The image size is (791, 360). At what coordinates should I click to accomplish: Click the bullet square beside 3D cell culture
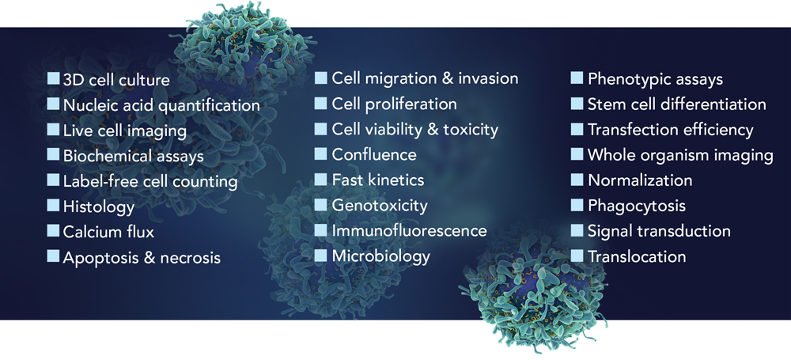[x=54, y=79]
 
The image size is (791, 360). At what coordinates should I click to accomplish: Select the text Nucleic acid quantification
[x=161, y=105]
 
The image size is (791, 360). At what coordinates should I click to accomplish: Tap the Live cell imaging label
[x=125, y=131]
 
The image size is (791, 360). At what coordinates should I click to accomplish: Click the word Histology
[x=99, y=207]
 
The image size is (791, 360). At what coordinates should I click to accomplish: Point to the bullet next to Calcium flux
[x=54, y=230]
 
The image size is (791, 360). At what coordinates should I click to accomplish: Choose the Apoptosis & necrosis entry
[x=142, y=257]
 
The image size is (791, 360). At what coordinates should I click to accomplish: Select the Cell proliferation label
[x=394, y=104]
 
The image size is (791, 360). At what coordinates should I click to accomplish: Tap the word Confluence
[x=374, y=154]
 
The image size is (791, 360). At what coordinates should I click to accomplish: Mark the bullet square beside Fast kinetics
[x=320, y=179]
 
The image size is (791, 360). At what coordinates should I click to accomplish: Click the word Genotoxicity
[x=380, y=206]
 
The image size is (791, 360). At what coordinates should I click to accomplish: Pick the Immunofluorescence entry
[x=409, y=230]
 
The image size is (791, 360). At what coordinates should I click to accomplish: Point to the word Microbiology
[x=381, y=256]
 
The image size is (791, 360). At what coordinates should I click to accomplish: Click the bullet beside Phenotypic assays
[x=577, y=78]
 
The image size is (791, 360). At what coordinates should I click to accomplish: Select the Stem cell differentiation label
[x=677, y=104]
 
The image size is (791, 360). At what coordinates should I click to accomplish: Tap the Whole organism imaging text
[x=680, y=155]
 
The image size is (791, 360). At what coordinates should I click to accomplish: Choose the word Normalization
[x=640, y=180]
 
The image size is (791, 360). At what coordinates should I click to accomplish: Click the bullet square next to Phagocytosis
[x=577, y=204]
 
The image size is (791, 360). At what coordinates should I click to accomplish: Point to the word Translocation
[x=637, y=256]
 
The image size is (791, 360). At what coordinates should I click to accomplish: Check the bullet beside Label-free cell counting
[x=54, y=180]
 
